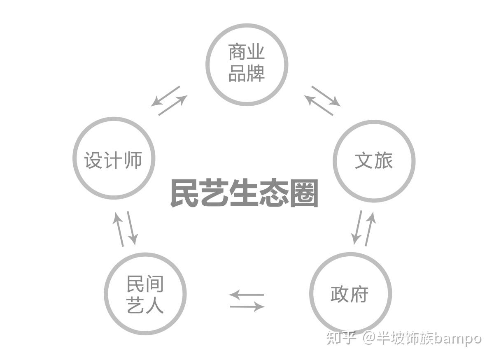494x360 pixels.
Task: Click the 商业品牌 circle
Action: click(246, 64)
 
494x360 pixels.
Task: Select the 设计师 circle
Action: click(114, 158)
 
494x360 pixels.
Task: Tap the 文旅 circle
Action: click(373, 161)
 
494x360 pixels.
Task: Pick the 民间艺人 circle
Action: click(145, 294)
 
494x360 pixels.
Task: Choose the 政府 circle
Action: click(350, 293)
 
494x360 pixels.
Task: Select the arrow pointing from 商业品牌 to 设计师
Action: click(165, 96)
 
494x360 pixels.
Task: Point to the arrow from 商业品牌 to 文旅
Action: click(326, 96)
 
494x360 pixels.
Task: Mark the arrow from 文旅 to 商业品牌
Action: click(319, 105)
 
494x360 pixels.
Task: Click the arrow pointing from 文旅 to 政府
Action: click(357, 227)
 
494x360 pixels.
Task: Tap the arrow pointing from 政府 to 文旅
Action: click(370, 229)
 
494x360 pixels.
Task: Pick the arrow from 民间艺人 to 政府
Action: click(247, 307)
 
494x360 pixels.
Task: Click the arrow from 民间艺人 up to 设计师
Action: click(119, 229)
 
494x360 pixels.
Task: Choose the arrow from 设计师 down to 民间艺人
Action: click(132, 228)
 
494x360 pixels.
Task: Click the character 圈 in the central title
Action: click(304, 193)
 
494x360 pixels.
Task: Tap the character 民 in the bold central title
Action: click(185, 193)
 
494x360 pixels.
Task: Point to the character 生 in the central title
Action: click(244, 193)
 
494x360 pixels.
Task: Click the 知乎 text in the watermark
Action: click(341, 338)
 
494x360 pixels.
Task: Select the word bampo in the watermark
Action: click(457, 339)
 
